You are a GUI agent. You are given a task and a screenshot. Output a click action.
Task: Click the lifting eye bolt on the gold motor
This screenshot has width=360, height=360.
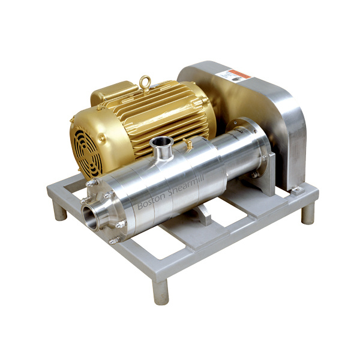(144, 81)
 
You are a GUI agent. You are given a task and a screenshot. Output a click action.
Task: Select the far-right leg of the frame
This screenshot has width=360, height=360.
(307, 214)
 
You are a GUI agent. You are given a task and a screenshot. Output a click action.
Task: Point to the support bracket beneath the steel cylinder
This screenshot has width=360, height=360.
(204, 213)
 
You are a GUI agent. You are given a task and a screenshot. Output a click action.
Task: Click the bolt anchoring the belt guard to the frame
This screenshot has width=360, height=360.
(296, 190)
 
